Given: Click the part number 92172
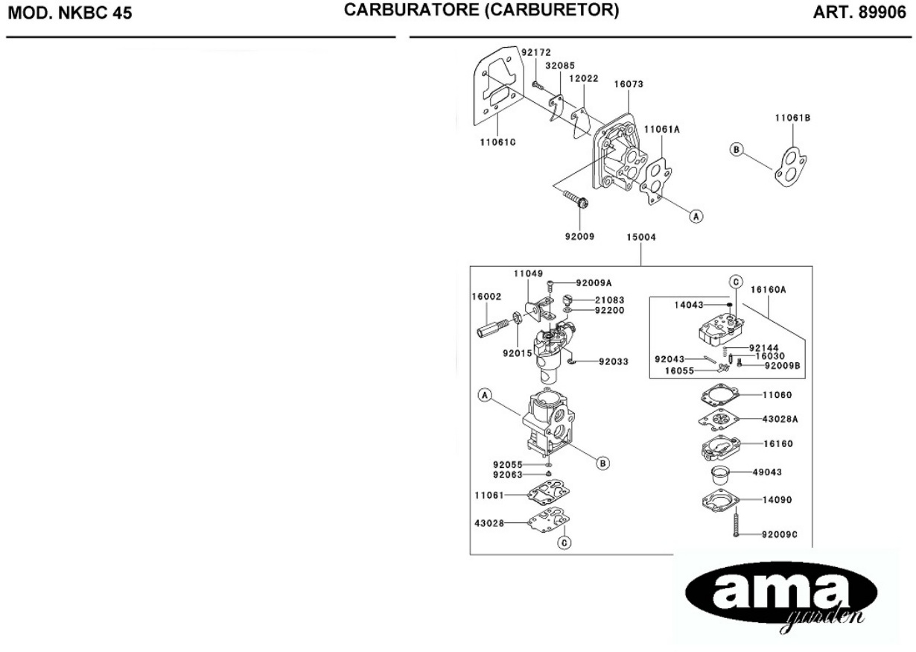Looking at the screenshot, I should pyautogui.click(x=535, y=53).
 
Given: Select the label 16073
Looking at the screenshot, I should pyautogui.click(x=629, y=85).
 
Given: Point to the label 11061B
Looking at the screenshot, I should pyautogui.click(x=792, y=118).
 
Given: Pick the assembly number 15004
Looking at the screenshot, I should pyautogui.click(x=641, y=238).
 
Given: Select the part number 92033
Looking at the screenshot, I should pyautogui.click(x=614, y=362).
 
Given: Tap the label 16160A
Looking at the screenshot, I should pyautogui.click(x=769, y=291).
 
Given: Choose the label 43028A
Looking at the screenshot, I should pyautogui.click(x=780, y=419).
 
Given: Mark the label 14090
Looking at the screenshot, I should pyautogui.click(x=777, y=503).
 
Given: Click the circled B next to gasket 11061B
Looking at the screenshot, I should pyautogui.click(x=737, y=150).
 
